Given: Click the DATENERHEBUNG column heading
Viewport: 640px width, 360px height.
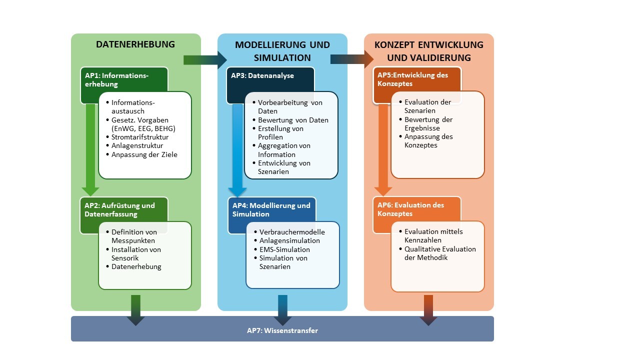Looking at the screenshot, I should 135,44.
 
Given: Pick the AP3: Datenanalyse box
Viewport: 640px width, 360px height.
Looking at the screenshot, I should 262,76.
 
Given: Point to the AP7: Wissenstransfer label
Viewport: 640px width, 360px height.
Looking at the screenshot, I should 282,330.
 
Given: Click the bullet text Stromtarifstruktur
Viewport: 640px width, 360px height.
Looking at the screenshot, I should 139,137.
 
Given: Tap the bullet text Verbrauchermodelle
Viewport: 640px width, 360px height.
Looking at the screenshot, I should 292,232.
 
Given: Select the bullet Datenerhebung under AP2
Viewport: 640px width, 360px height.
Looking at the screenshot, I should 136,266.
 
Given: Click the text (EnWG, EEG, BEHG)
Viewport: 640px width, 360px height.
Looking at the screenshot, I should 143,128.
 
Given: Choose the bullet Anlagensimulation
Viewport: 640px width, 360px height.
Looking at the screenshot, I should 289,240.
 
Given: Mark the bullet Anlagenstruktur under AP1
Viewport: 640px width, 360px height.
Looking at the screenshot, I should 137,145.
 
